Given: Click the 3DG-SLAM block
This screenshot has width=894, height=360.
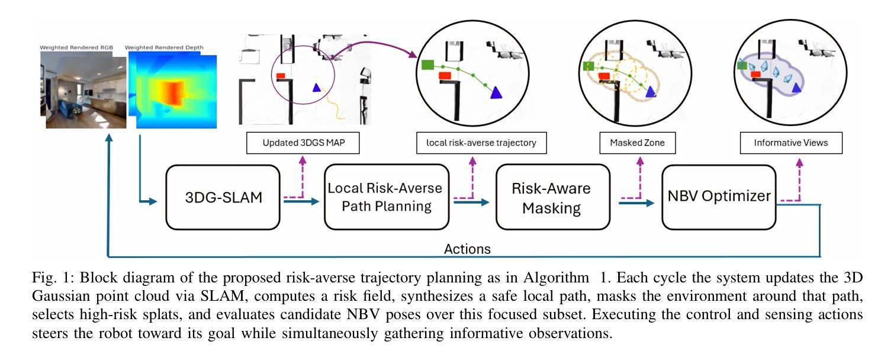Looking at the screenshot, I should (223, 197).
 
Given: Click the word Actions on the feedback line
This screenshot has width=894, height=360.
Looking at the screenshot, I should (468, 249).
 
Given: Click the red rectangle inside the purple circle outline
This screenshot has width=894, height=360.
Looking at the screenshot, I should (281, 76).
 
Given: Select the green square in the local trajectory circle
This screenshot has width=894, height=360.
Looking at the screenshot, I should (428, 65).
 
